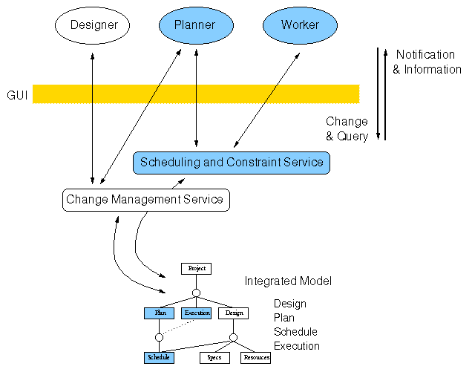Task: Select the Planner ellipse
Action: pyautogui.click(x=194, y=25)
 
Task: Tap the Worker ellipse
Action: pyautogui.click(x=300, y=25)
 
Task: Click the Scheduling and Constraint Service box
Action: pyautogui.click(x=232, y=162)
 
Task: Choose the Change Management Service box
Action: pyautogui.click(x=144, y=199)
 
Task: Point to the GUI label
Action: pyautogui.click(x=17, y=95)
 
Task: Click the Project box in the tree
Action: pyautogui.click(x=197, y=268)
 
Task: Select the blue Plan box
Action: pyautogui.click(x=159, y=313)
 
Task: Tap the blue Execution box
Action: pyautogui.click(x=197, y=313)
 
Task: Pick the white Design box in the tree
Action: pyautogui.click(x=233, y=313)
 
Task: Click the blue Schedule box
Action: pyautogui.click(x=159, y=357)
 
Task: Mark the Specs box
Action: pyautogui.click(x=214, y=357)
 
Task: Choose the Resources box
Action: pyautogui.click(x=255, y=357)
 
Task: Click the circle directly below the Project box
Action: pyautogui.click(x=197, y=293)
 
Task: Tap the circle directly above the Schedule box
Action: pyautogui.click(x=159, y=337)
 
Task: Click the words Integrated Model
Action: pyautogui.click(x=288, y=281)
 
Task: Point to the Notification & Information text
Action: pyautogui.click(x=426, y=62)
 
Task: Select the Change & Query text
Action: pyautogui.click(x=347, y=129)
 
